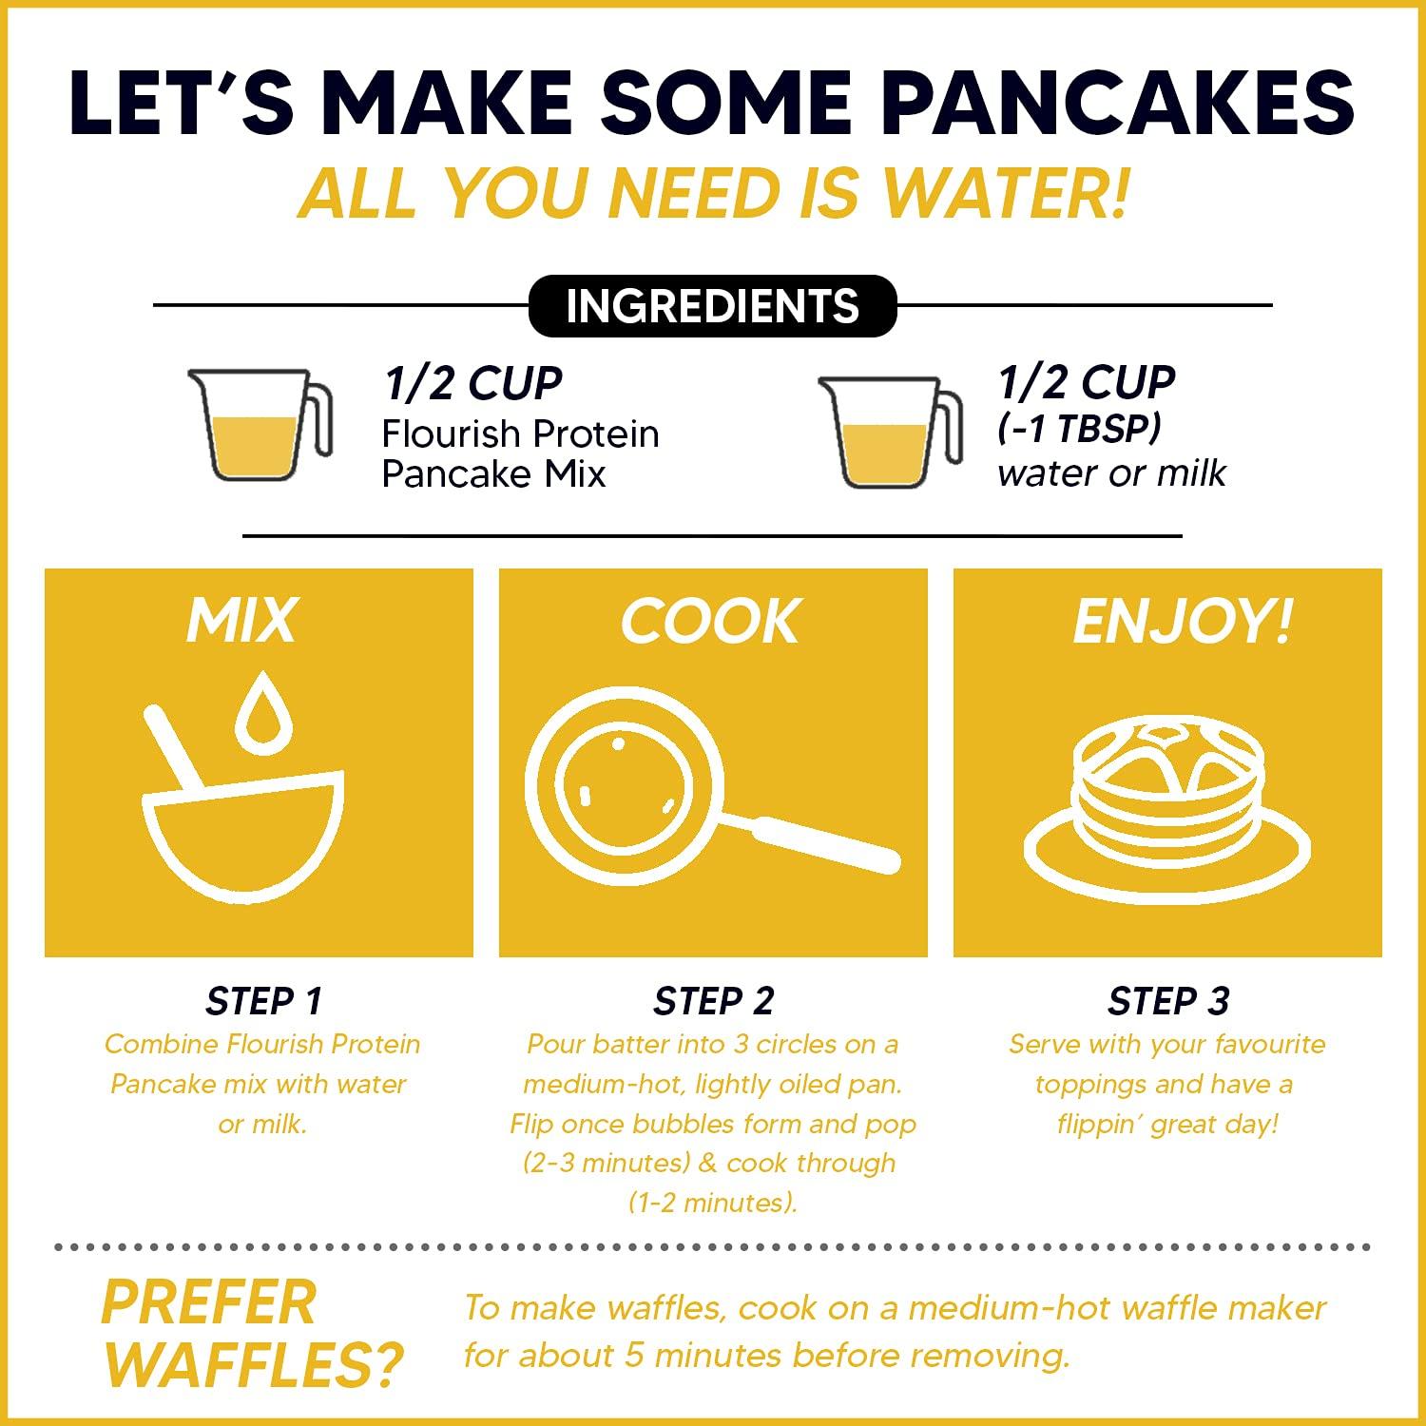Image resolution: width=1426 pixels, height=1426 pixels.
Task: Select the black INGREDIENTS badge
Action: [x=712, y=306]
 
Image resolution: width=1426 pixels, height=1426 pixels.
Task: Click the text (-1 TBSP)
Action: [x=1079, y=429]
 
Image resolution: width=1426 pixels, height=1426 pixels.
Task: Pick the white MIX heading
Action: [x=241, y=621]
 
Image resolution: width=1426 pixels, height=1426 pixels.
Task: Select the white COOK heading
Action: [x=710, y=623]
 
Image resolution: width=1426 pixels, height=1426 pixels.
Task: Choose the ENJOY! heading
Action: [x=1183, y=623]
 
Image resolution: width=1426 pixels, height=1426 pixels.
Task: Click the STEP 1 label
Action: [x=263, y=1001]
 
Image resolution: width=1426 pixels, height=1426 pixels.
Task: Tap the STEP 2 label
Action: [x=713, y=1001]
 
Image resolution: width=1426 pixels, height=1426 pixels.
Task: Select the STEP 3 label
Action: [x=1167, y=1001]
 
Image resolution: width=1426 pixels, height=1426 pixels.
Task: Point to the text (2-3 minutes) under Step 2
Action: [x=606, y=1163]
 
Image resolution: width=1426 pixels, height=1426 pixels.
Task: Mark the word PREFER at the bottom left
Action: [x=208, y=1302]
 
